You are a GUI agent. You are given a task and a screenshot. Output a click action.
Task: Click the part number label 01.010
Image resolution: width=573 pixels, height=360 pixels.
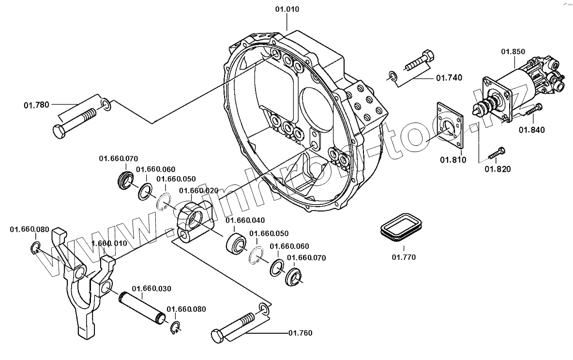287,9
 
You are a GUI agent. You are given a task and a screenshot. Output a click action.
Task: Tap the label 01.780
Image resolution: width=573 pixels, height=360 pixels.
37,105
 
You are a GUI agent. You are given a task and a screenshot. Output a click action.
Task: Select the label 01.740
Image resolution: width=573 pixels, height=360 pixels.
449,77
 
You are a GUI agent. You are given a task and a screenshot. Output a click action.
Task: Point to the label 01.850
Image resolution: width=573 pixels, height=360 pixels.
513,52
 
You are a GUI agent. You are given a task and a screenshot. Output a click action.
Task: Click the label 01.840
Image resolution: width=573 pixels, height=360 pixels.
532,130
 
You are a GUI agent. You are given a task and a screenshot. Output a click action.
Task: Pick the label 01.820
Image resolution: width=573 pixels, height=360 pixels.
498,169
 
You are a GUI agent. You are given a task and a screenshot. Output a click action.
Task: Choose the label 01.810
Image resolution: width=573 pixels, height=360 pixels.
453,160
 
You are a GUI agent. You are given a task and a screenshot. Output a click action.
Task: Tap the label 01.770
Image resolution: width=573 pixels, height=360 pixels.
404,257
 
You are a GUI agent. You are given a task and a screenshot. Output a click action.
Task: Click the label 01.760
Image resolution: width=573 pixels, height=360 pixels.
300,333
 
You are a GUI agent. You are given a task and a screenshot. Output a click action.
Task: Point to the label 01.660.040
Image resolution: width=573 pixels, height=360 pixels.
245,220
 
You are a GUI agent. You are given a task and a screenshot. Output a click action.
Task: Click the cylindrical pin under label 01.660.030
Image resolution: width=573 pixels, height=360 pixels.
144,309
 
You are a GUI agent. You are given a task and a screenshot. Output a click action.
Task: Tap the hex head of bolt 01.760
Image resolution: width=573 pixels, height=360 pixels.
217,336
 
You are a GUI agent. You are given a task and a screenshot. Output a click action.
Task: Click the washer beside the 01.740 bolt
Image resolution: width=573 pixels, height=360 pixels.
393,75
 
